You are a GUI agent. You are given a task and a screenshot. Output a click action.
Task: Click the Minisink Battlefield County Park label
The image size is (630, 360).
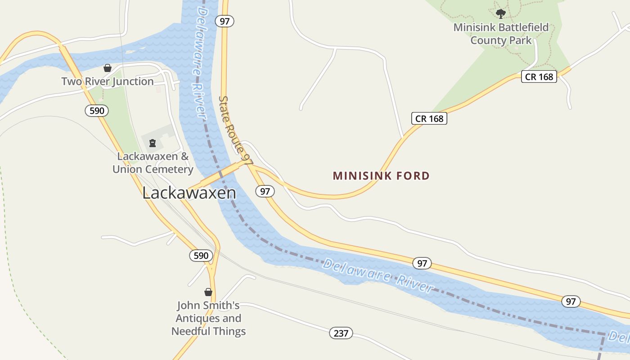[x=501, y=34]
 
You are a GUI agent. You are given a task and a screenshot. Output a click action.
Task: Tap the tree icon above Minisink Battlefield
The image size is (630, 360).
[x=500, y=13]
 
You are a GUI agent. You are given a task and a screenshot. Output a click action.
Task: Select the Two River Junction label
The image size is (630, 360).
[x=108, y=81]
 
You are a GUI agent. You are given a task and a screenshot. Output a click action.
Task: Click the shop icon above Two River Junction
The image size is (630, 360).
[x=108, y=68]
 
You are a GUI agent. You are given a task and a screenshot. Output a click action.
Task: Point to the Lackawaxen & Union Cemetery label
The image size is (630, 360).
[x=153, y=163]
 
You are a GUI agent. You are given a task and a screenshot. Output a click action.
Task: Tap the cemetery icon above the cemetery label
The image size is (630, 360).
[x=153, y=144]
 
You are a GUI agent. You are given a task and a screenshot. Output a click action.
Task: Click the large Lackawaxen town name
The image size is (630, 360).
[x=189, y=193]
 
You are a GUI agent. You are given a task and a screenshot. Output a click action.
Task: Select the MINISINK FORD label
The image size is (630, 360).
[x=381, y=176]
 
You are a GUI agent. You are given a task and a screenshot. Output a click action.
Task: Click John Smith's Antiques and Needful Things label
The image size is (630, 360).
[x=208, y=318]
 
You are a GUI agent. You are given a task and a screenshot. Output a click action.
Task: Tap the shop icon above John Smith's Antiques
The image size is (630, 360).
[x=208, y=292]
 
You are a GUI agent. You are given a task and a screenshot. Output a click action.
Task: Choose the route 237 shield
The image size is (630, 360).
[x=341, y=333]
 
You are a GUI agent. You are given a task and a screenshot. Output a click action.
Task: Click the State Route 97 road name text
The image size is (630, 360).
[x=235, y=129]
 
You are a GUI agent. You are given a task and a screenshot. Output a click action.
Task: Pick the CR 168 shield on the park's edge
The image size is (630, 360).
[x=539, y=76]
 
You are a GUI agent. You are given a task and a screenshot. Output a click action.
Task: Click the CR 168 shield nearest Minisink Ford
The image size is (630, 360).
[x=429, y=118]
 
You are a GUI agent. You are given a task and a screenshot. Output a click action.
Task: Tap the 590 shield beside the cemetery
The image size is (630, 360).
[x=97, y=111]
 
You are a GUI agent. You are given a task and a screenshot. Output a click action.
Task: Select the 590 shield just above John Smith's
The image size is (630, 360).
[x=201, y=256]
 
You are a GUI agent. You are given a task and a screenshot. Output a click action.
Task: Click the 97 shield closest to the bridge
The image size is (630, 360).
[x=265, y=191]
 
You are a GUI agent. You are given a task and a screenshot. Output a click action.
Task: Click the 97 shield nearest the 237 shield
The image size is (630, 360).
[x=422, y=263]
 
